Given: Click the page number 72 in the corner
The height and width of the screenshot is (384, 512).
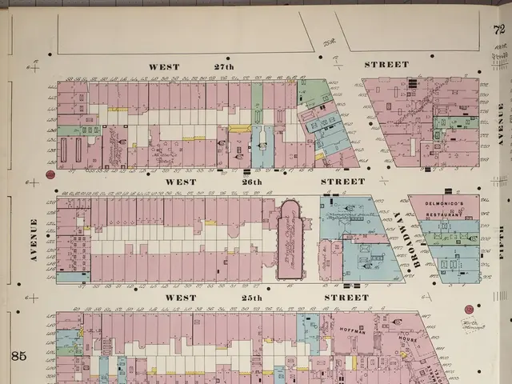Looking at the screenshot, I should coord(500,31).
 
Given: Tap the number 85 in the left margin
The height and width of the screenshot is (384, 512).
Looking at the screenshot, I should coord(18,355).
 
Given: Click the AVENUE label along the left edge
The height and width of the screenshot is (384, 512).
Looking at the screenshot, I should coord(34,240).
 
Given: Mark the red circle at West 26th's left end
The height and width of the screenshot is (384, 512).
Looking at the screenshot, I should coord(50,174).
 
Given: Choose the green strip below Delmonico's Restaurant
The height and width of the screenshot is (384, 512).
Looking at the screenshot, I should coord(450,238).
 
